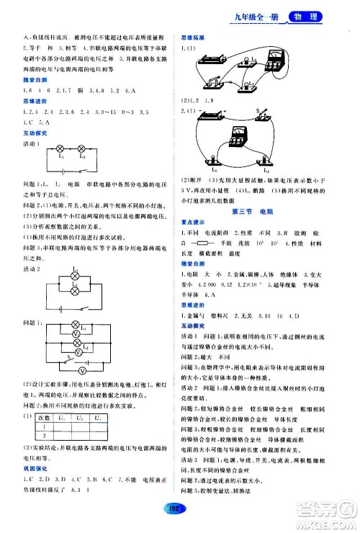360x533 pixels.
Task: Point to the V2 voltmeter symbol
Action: pyautogui.click(x=76, y=356)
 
